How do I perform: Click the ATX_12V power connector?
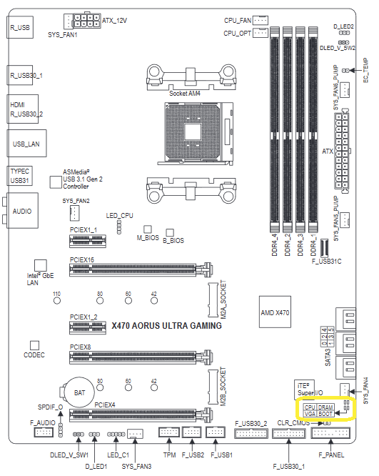pos(86,21)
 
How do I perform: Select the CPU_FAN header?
pos(261,20)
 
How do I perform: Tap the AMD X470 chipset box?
pos(275,312)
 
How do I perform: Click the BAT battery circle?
pos(79,392)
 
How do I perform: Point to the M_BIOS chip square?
pos(148,229)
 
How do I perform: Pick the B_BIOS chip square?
pos(170,233)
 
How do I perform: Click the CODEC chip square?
pos(34,345)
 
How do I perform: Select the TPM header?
pos(169,432)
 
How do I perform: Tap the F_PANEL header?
pos(330,432)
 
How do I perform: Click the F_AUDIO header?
pos(44,432)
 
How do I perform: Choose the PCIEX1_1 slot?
pos(88,242)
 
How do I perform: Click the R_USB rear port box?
pos(20,27)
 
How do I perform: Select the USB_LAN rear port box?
pos(26,144)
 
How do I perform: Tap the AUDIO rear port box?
pos(22,210)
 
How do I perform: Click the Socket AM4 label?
pos(185,94)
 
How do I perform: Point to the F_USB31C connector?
pos(324,248)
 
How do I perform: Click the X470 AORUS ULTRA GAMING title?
pos(166,326)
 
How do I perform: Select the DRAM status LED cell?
pos(325,407)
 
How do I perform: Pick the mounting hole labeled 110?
pos(56,300)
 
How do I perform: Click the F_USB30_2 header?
pos(251,433)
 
